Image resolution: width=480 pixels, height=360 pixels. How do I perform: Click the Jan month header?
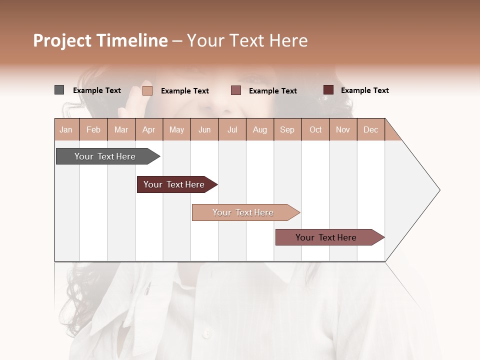[x=66, y=129]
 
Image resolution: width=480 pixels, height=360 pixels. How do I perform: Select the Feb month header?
[x=93, y=129]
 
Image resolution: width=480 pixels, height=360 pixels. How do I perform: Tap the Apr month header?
[x=148, y=129]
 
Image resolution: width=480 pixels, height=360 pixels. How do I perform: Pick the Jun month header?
[x=204, y=129]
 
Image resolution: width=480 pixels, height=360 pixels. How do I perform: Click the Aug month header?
[x=259, y=129]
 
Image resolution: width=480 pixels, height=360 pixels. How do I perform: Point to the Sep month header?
[x=287, y=129]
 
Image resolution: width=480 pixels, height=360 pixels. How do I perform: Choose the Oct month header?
[x=315, y=129]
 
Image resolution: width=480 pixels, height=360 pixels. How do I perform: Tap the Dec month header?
[x=370, y=129]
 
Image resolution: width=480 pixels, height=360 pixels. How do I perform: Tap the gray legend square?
[x=59, y=90]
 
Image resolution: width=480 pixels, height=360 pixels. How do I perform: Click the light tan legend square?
[x=147, y=90]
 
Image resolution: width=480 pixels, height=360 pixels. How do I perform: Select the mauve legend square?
[x=236, y=90]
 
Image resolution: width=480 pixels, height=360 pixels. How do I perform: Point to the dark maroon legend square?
[x=328, y=90]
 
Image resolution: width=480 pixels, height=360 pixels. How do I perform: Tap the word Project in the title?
[x=62, y=40]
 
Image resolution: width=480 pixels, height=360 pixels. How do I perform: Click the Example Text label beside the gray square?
[x=97, y=90]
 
